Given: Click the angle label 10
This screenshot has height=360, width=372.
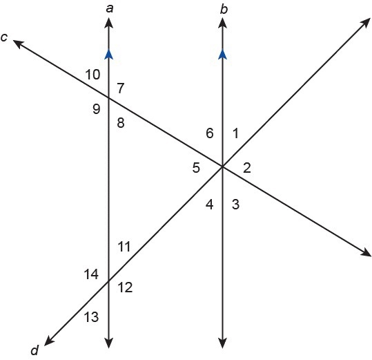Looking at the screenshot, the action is pos(92,75).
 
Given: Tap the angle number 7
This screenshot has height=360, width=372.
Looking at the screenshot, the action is pos(121,88).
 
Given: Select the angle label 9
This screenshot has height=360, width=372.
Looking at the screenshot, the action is pos(97,109).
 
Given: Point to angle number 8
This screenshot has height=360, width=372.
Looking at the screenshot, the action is pos(121,123).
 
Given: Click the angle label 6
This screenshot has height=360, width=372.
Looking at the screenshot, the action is pos(210,133).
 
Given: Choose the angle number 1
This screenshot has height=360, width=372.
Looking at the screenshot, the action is pos(235,133).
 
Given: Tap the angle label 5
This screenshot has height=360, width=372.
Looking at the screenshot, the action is pos(196,168).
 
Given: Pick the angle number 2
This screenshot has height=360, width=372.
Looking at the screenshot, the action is pos(247,168).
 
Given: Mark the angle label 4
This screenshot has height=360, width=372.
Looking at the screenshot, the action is pos(210,205).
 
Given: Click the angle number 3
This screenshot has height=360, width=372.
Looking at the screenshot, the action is pos(235,205).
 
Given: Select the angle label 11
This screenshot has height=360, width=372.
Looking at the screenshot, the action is pos(124,247).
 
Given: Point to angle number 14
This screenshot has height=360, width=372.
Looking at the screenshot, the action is pos(91,274).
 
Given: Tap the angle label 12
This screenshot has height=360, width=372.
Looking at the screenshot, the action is pos(126,287).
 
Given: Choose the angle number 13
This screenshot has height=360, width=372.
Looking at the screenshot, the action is pos(91,317).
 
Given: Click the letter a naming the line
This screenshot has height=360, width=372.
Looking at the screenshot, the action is pos(110,9).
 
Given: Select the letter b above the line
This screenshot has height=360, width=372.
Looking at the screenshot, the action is pos(224,9).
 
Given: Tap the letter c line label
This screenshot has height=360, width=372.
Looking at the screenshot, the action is pos(4,37).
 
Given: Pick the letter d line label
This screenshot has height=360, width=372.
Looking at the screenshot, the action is pos(35,350).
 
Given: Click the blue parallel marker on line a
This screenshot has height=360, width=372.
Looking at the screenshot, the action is pos(109,54).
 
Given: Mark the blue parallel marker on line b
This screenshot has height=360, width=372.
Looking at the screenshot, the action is pos(222,54).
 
